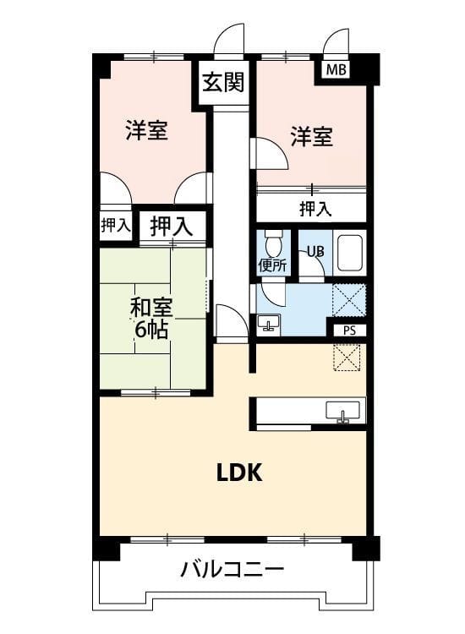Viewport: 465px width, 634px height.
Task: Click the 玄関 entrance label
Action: point(223,82)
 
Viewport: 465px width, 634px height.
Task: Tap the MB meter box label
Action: point(336,69)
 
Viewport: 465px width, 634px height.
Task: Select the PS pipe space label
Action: point(349,331)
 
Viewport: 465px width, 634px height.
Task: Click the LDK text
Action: point(239,473)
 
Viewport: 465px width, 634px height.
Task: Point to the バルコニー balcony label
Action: point(232,570)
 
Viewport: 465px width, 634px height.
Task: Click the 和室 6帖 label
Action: point(151,318)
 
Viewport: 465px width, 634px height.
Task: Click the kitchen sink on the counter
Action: point(343,412)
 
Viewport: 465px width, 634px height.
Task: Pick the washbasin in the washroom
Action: point(269,324)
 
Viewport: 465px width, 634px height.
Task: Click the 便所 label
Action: point(272,265)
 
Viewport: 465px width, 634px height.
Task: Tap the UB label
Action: point(315,252)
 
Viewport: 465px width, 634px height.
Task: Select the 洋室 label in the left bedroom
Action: point(146,130)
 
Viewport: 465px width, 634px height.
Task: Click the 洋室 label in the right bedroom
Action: point(312,136)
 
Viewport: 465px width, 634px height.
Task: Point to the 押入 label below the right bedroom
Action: point(315,209)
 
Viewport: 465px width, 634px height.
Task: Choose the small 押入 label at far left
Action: point(116,225)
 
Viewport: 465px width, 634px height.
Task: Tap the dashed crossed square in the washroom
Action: point(349,300)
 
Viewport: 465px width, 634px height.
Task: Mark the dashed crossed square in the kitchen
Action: point(347,357)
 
